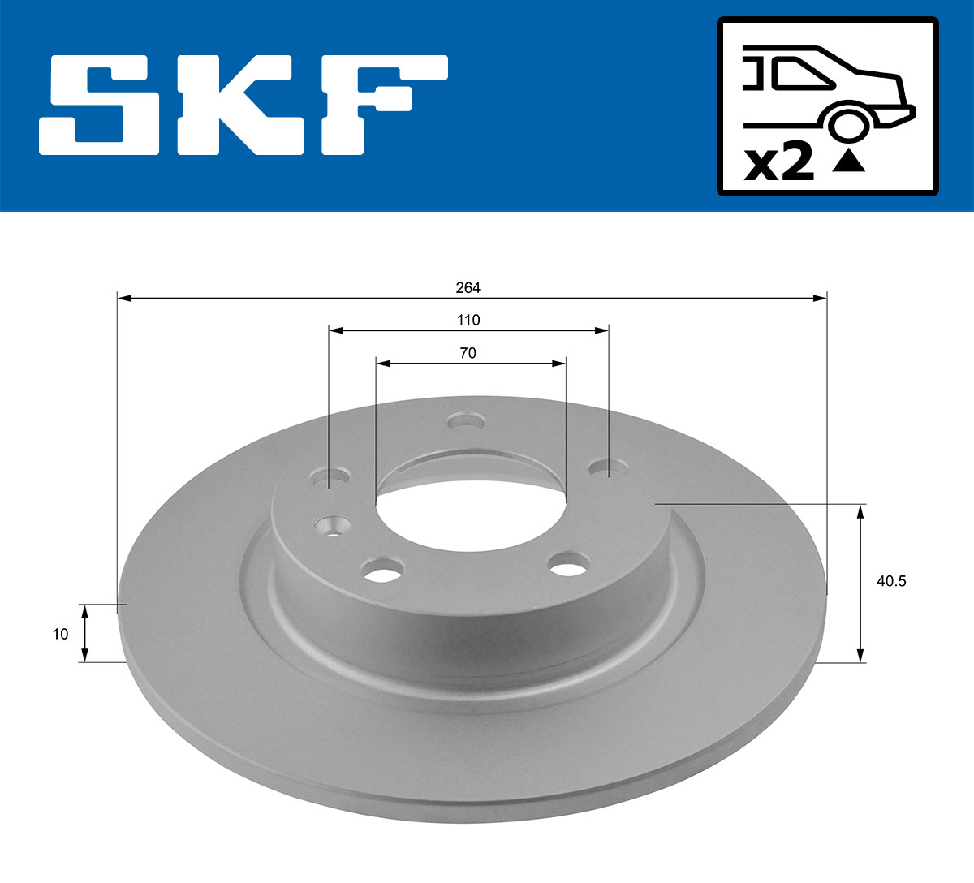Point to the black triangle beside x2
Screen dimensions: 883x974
(849, 162)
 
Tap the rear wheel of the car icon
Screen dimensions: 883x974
(847, 124)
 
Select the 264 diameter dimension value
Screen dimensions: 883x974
(468, 287)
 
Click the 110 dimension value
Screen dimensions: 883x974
(468, 320)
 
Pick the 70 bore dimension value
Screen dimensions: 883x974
(468, 353)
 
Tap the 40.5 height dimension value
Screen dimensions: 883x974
(891, 581)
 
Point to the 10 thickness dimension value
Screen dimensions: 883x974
(60, 634)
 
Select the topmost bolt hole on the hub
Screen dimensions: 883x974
(467, 422)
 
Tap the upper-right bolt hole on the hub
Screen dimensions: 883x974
(609, 468)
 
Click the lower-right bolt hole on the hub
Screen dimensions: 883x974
(568, 564)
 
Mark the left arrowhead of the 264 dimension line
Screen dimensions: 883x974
(124, 299)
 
